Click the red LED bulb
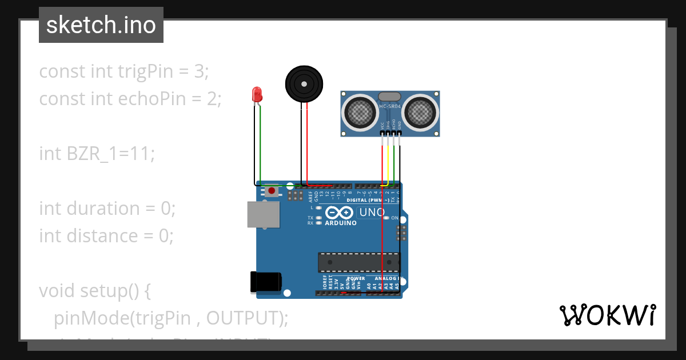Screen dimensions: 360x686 point(257,94)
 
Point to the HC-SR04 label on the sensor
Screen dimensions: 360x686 point(390,107)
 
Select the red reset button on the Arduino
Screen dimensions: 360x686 point(272,190)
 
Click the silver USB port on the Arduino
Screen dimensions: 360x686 point(264,214)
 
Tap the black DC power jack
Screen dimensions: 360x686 point(266,282)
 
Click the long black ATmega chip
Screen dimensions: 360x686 point(358,262)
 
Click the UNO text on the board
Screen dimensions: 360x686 point(372,213)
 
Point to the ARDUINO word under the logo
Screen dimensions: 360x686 point(341,223)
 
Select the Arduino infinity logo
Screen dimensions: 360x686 point(339,213)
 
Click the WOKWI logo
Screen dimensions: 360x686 point(607,315)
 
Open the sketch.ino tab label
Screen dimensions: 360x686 point(101,25)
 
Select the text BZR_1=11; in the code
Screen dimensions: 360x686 point(111,154)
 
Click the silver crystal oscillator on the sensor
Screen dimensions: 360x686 point(390,97)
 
